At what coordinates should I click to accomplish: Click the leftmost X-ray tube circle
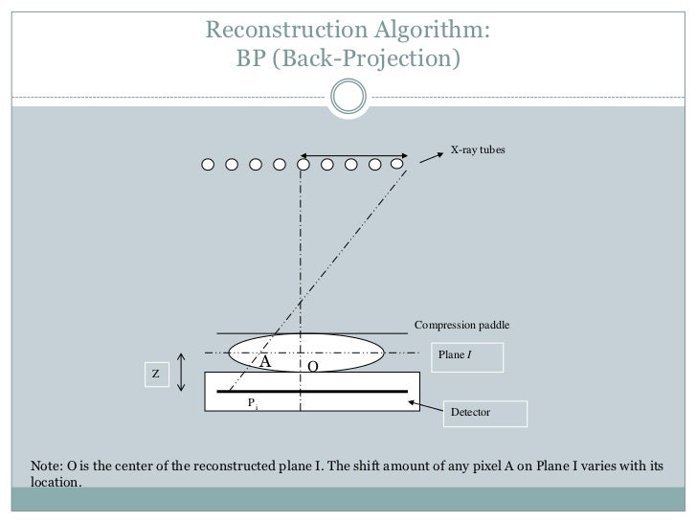coord(208,165)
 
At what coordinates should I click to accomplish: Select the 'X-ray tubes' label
coord(478,150)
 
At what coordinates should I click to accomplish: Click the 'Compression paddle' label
coord(461,326)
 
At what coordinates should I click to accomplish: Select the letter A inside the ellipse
coord(266,363)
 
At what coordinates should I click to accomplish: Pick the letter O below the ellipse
coord(312,367)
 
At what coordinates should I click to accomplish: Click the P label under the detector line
coord(252,403)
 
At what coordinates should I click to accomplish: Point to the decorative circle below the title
coord(349,94)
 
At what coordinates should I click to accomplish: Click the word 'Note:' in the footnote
coord(48,466)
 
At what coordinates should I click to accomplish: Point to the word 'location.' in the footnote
coord(56,484)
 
